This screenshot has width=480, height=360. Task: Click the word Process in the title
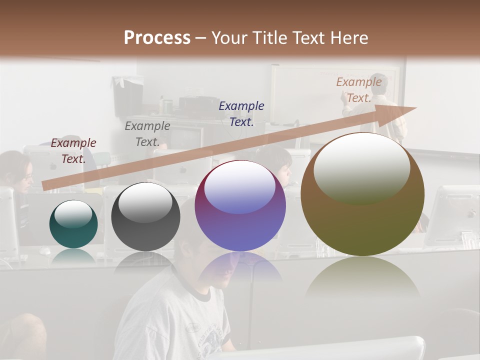[x=157, y=38]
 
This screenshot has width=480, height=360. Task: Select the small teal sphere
[x=73, y=224]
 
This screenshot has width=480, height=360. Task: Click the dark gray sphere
[x=145, y=216]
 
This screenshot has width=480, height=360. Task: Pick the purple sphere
[x=240, y=205]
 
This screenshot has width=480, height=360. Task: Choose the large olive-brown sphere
[x=362, y=194]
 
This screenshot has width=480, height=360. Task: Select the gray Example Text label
[x=147, y=134]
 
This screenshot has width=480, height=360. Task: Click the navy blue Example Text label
[x=241, y=113]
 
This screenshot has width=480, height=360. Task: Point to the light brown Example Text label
[x=358, y=90]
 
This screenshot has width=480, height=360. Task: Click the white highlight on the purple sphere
[x=240, y=186]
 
